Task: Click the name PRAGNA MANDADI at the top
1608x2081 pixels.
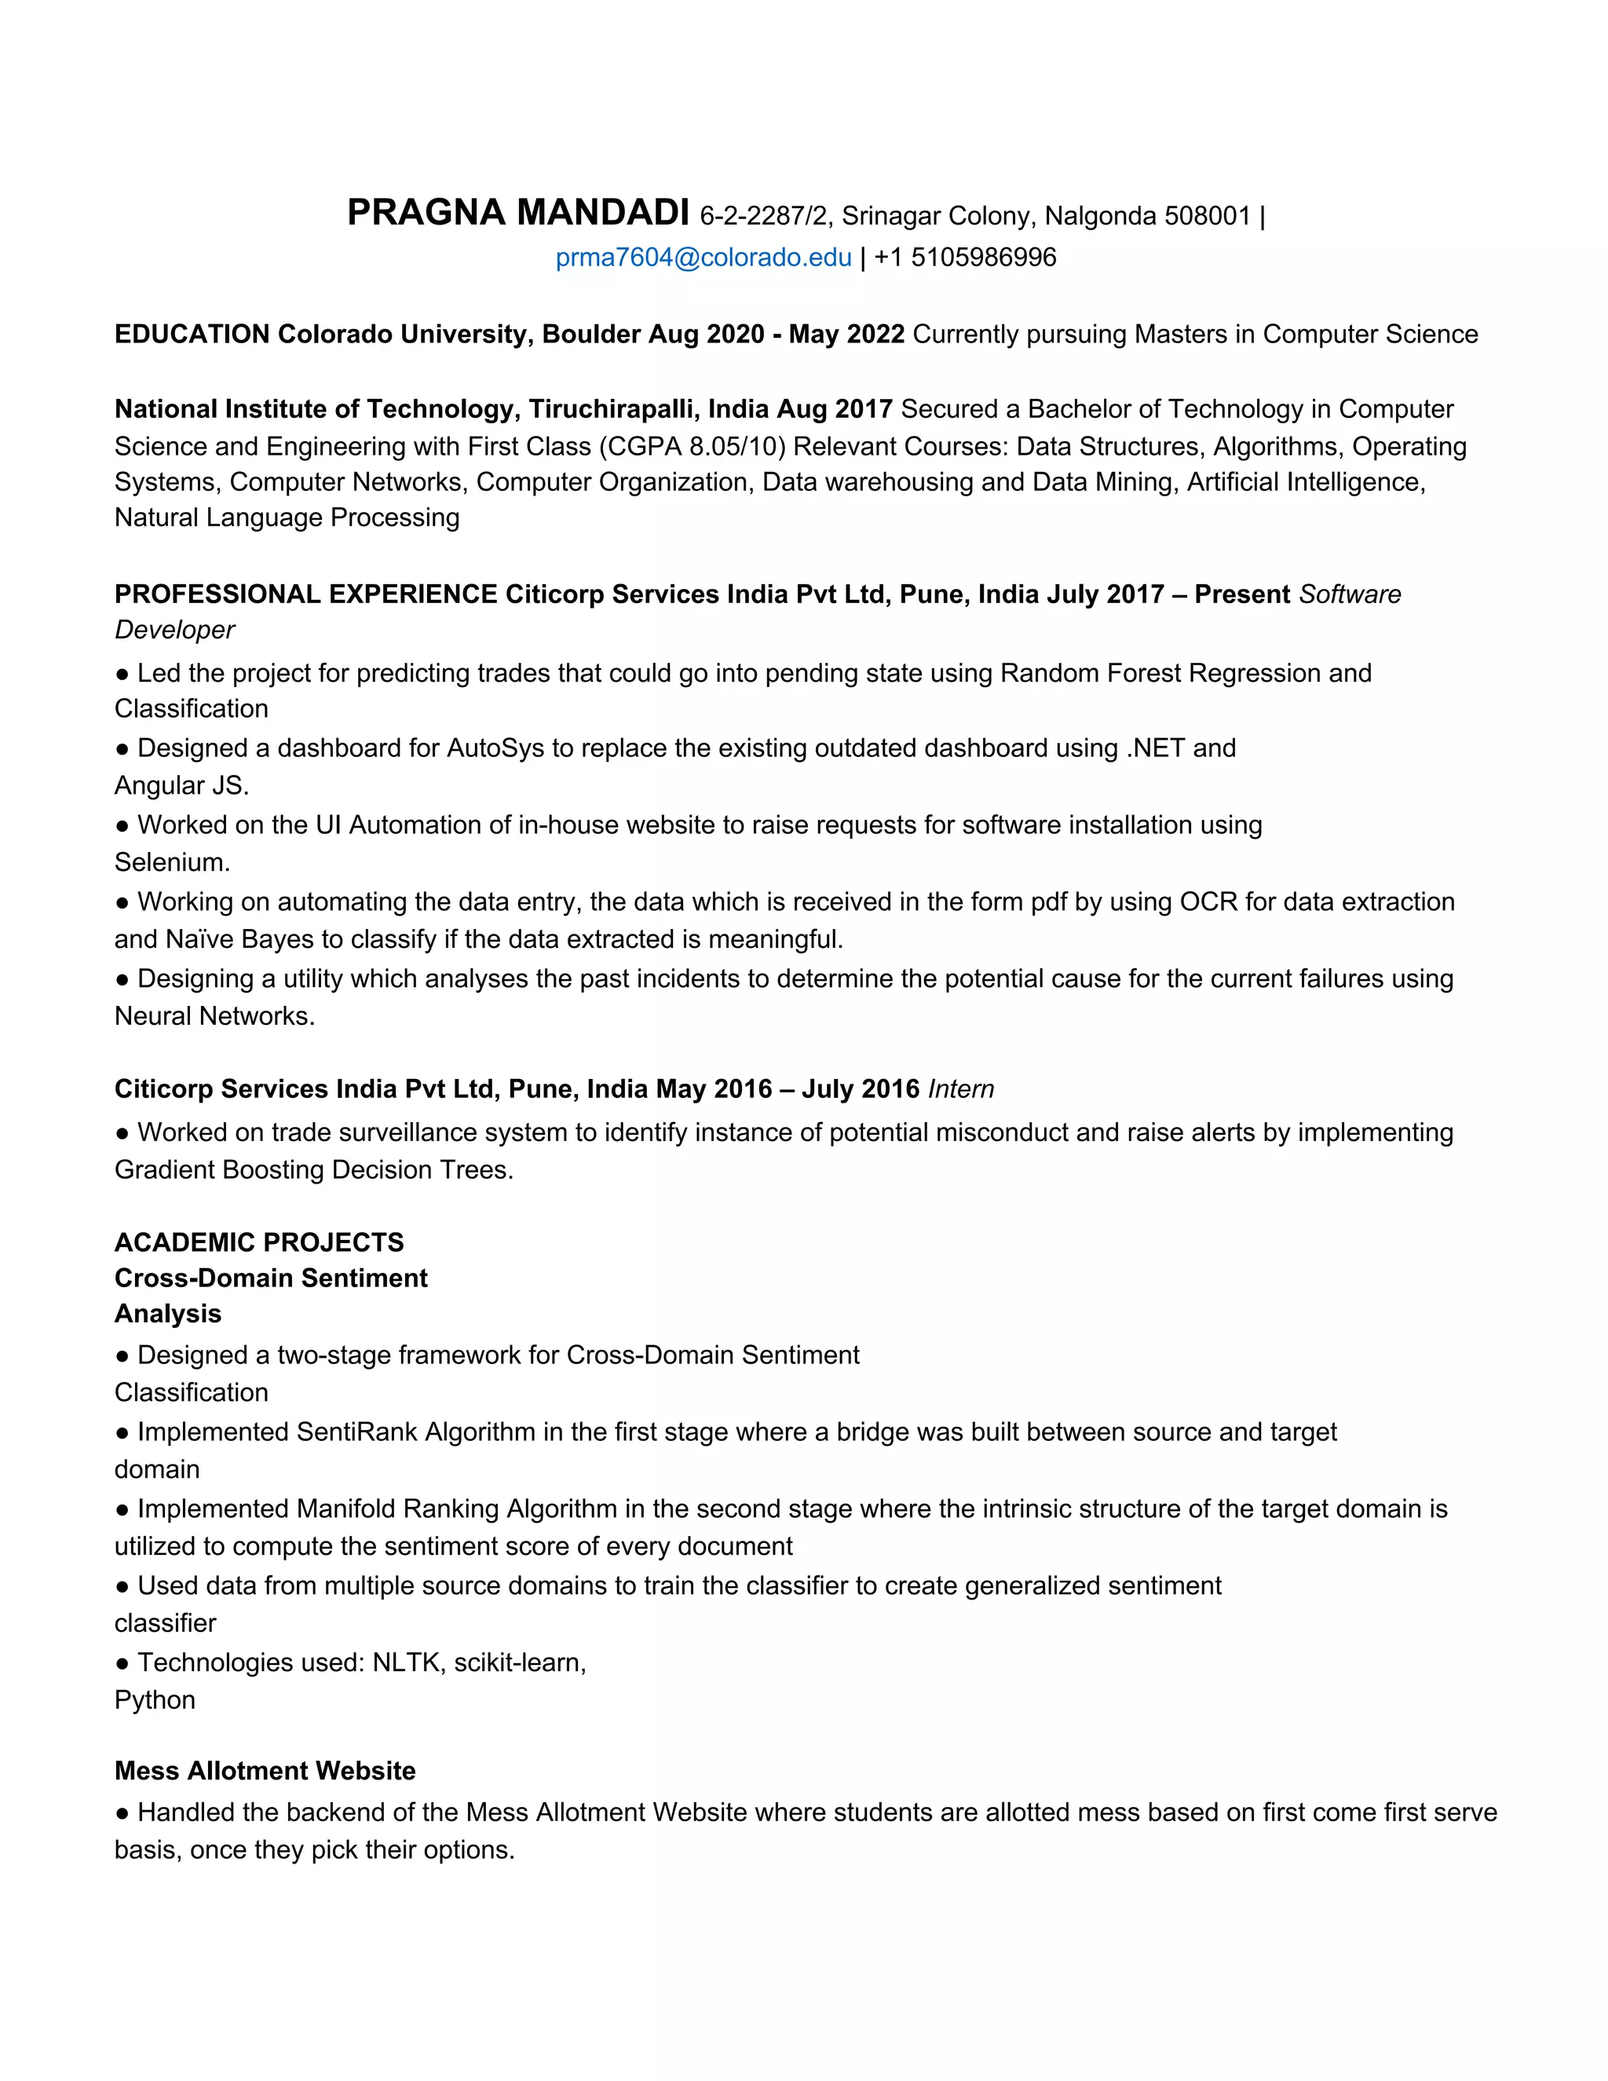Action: coord(517,213)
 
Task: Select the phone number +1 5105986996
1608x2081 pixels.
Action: coord(965,258)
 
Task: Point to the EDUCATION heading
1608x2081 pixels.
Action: coord(192,335)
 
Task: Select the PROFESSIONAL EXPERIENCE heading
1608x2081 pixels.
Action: coord(305,594)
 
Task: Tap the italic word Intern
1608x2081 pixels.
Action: coord(960,1089)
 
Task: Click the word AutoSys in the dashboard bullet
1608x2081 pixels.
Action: coord(495,748)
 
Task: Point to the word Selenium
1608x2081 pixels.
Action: coord(171,862)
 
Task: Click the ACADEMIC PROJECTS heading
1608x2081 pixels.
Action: coord(259,1242)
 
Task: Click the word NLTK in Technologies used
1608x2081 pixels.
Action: coord(407,1662)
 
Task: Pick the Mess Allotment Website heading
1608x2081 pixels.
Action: coord(265,1770)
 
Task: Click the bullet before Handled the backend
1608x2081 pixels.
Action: coord(122,1813)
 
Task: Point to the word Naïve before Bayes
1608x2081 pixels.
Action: coord(200,939)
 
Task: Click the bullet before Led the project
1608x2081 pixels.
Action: coord(122,674)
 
